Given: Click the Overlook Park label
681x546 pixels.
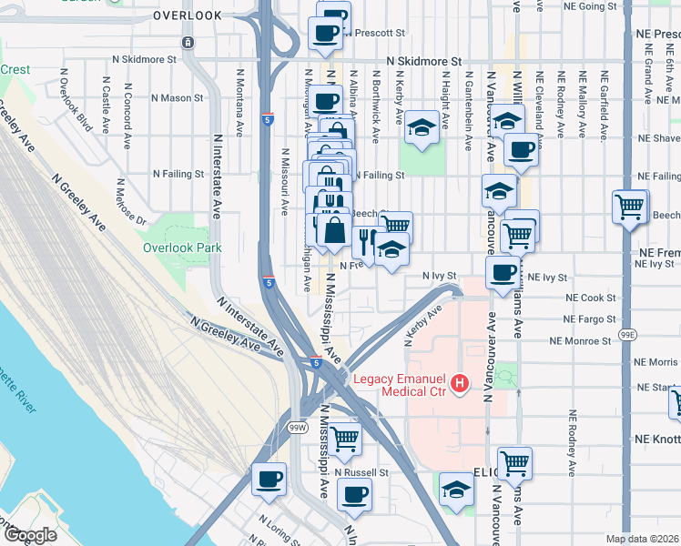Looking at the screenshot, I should tap(182, 247).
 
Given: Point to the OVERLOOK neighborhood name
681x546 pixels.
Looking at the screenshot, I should tap(188, 16).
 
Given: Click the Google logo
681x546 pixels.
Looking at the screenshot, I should tap(29, 535).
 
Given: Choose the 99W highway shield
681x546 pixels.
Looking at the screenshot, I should tap(298, 427).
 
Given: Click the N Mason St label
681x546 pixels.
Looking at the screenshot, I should tap(177, 97).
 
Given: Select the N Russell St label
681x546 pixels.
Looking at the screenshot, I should tap(361, 472).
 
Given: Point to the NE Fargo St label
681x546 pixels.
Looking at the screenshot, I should tap(589, 319).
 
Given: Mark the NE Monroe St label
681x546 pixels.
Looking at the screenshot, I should tap(580, 341).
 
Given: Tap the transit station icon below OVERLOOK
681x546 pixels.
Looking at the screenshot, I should tap(188, 42).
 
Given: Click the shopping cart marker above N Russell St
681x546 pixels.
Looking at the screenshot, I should tap(345, 440).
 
